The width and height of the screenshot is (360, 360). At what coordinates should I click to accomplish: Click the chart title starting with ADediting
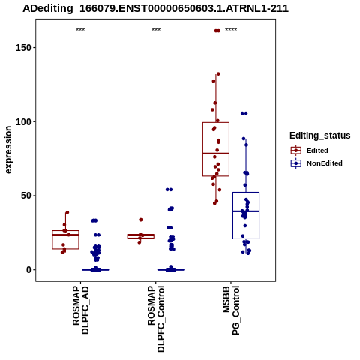155,8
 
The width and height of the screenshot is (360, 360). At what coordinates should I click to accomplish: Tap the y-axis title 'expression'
8,150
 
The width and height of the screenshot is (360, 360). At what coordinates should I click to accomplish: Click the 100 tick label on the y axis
23,122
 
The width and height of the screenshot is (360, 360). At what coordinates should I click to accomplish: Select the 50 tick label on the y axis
26,196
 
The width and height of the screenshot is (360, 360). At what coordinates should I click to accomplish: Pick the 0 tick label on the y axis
28,270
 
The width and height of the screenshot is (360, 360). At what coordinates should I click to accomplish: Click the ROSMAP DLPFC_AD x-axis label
80,310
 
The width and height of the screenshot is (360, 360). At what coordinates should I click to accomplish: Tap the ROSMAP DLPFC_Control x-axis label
156,319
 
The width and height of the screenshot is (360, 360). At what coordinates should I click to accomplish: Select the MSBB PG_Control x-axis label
231,310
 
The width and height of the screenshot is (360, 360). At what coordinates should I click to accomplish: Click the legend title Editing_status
320,136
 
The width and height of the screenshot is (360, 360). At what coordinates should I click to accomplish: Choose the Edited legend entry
310,151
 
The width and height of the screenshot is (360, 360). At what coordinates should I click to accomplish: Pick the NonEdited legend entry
316,163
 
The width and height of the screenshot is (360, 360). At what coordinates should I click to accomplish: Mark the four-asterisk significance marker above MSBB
231,30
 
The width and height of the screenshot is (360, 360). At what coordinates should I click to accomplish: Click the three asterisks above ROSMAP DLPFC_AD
80,30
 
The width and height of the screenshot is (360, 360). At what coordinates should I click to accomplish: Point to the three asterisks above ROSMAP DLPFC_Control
156,30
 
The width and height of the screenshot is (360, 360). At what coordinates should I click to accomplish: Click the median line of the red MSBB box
216,154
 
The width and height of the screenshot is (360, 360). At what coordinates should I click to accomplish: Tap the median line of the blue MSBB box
246,211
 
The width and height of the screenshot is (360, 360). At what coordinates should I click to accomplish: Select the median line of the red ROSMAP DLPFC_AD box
65,235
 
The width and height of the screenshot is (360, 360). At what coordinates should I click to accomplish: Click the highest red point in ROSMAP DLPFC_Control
141,220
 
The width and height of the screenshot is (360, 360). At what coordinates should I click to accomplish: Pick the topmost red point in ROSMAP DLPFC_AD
67,213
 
